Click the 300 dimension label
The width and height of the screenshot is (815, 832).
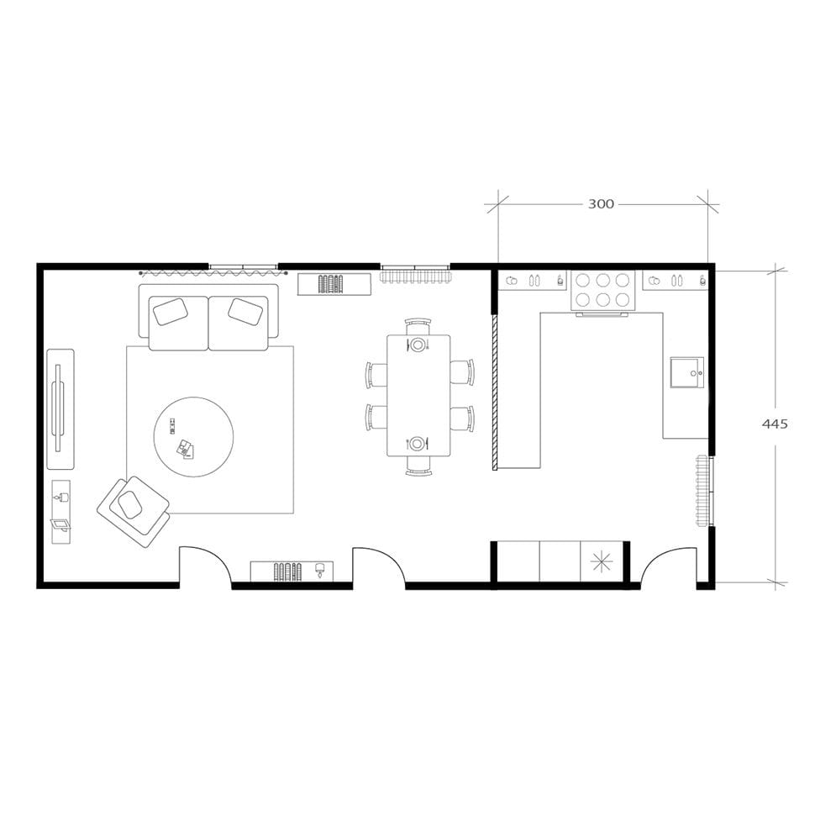pos(601,203)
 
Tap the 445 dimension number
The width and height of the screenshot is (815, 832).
pos(775,424)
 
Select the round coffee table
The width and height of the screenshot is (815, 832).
pos(194,437)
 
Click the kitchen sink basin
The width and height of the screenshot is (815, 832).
pos(687,372)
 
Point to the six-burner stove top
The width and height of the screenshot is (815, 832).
pos(602,290)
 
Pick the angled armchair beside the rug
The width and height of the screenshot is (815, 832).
pos(134,511)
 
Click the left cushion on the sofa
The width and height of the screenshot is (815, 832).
pos(171,312)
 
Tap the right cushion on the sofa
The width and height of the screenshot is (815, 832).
pos(247,312)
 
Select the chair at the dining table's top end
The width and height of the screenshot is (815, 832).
pos(418,326)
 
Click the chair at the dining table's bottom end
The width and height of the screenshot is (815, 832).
pos(418,464)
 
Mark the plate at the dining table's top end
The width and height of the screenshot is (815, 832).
pos(418,345)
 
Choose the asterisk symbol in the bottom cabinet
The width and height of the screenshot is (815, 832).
pos(602,562)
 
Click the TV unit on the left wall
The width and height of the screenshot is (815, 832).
pos(60,409)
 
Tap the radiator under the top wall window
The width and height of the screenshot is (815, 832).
pos(416,276)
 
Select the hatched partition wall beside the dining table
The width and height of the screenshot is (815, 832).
pos(495,392)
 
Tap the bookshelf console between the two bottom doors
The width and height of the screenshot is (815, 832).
pos(292,571)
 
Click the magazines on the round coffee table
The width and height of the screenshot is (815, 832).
pos(186,449)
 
